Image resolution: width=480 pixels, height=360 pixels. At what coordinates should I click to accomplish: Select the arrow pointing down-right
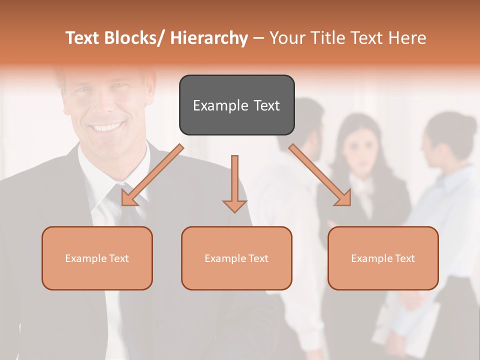(x=320, y=175)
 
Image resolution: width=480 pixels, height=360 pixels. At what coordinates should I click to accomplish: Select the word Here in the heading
(x=406, y=38)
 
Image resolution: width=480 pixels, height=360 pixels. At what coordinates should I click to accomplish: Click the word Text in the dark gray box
(x=266, y=105)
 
